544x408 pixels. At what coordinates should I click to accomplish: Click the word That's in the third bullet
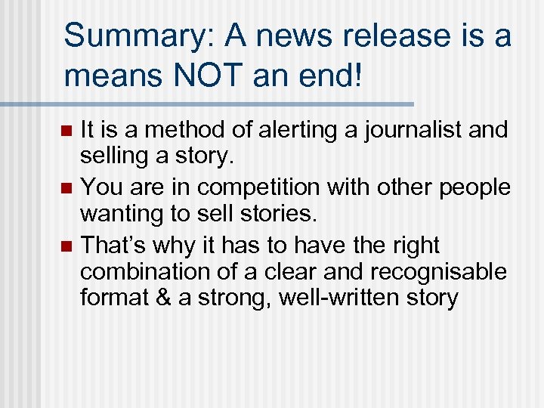point(114,245)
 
